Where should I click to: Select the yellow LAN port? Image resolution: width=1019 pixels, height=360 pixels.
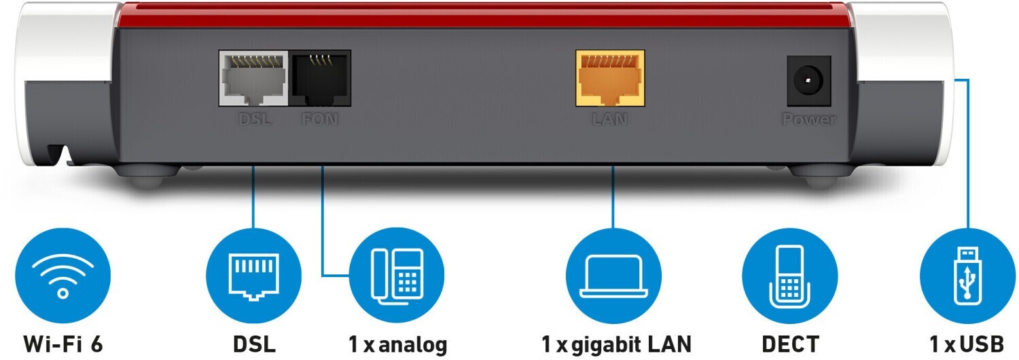pos(610,78)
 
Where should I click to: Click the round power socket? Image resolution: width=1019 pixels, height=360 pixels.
pos(808,82)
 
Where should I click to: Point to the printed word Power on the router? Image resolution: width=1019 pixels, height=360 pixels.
pos(808,120)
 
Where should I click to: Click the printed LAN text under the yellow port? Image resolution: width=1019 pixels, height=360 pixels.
pos(609,120)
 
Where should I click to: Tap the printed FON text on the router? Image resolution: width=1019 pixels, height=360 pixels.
pos(320,120)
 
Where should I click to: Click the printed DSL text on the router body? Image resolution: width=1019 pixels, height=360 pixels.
pos(255,120)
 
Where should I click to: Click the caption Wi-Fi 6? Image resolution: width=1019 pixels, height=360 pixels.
pos(63,344)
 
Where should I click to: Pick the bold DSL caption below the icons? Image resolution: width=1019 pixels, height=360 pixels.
pos(254,344)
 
